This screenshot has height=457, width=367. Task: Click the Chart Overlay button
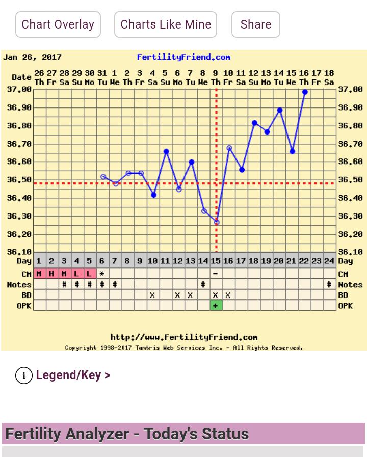coord(58,24)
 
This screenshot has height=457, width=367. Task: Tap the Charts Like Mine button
coord(166,24)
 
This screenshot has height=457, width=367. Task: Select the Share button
coord(255,24)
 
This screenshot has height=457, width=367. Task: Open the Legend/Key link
coord(73,375)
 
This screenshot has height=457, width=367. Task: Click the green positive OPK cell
coord(216,305)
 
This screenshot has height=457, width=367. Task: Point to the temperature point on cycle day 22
coord(305,92)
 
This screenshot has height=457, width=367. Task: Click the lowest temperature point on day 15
coord(217,222)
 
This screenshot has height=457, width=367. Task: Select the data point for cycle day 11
coord(166,152)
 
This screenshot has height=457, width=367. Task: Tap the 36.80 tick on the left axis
coord(19,126)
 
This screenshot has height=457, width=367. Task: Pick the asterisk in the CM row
coord(102,274)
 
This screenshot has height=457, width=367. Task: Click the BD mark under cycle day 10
coord(152,295)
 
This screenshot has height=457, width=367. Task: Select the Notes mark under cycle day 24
coord(329,285)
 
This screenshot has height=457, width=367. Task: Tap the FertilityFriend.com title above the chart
coord(183,57)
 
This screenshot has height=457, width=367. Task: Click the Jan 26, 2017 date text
coord(32,57)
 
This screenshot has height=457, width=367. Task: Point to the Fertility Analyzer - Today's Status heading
coord(127,434)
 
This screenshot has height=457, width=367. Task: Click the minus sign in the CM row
coord(216,274)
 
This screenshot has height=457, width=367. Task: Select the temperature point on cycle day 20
coord(280,111)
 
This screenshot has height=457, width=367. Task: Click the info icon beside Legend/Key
coord(24,375)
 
